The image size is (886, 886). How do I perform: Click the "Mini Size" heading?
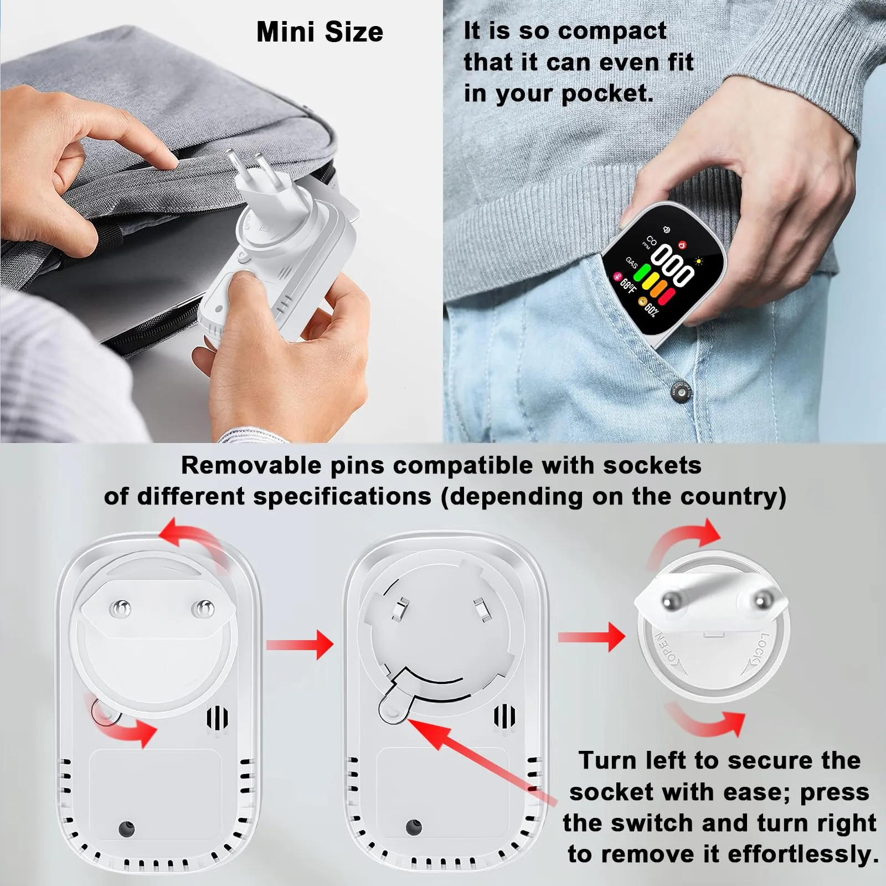click(x=320, y=32)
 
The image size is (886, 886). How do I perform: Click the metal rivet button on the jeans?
click(x=682, y=392)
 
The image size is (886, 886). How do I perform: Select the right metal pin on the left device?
click(x=202, y=609)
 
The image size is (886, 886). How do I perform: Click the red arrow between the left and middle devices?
click(x=300, y=644)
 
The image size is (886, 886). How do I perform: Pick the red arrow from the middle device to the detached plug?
click(x=591, y=637)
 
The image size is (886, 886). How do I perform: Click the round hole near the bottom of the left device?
click(x=126, y=828)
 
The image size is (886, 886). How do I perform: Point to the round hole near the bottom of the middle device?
click(x=414, y=827)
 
